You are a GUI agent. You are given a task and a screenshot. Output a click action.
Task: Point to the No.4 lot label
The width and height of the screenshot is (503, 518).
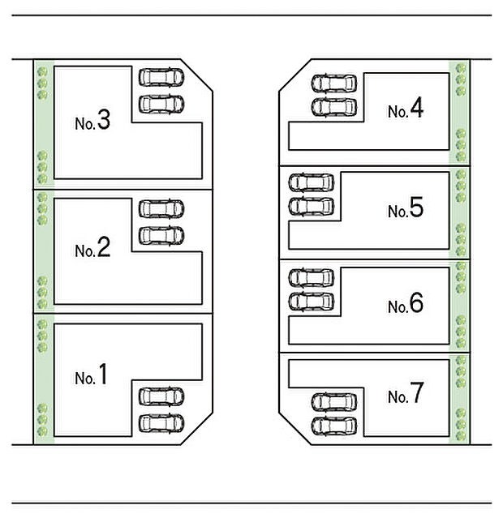[x=405, y=110]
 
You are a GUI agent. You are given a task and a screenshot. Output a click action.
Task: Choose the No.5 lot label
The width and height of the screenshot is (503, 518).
[x=405, y=210]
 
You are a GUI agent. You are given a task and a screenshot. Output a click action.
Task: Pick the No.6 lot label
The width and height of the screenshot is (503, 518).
[x=405, y=305]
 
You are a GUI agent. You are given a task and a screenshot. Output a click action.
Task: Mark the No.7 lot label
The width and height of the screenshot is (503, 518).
[x=405, y=396]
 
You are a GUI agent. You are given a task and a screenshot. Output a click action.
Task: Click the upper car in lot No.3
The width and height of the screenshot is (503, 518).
[x=161, y=77]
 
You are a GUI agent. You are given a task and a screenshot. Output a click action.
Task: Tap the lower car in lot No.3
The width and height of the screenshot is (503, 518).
[x=161, y=104]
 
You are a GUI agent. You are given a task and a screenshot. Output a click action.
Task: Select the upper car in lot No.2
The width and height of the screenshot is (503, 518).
[x=161, y=209]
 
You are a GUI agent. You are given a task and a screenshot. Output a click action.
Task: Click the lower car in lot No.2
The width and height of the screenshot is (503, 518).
[x=161, y=236]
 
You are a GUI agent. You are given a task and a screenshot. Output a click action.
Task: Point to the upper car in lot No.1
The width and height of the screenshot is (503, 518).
[x=161, y=396]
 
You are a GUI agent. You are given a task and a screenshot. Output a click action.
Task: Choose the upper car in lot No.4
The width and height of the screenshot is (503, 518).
[x=333, y=83]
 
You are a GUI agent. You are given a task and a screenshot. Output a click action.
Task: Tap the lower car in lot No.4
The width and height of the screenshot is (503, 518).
[x=333, y=107]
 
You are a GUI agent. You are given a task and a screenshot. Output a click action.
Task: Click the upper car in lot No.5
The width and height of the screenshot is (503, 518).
[x=311, y=183]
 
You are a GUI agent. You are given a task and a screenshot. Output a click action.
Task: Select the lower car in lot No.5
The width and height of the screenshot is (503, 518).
[x=311, y=207]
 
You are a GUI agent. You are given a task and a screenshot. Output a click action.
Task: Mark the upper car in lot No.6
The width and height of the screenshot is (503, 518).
[x=311, y=278]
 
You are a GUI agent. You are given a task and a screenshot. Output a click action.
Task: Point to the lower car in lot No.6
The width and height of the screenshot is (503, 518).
[x=311, y=302]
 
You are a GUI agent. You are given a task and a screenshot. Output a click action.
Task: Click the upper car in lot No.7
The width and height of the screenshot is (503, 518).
[x=333, y=402]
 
